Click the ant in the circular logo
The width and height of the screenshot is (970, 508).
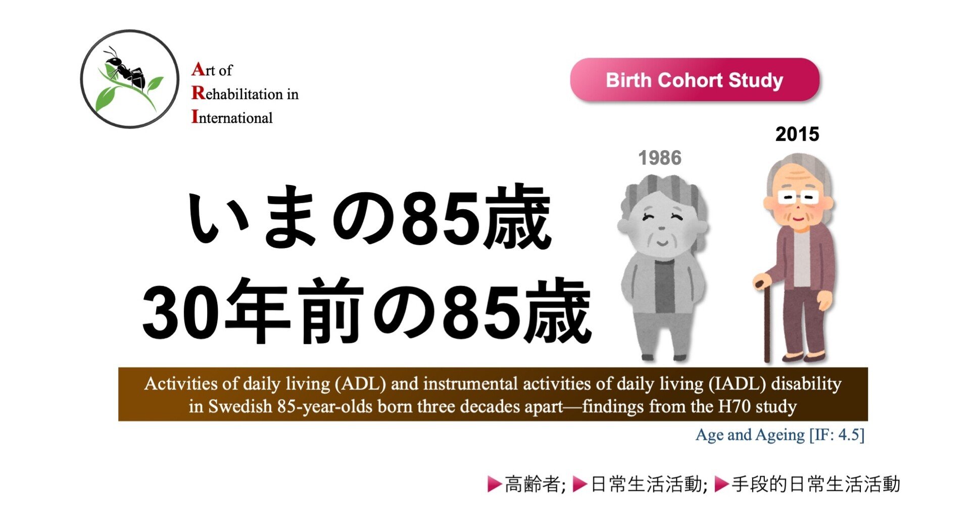(125, 70)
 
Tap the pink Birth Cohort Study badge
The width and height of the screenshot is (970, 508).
(695, 80)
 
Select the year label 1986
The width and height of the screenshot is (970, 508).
(660, 158)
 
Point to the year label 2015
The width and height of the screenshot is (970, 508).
(797, 134)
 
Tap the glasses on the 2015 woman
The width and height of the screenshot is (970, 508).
(797, 197)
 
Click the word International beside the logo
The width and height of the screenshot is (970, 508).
(232, 117)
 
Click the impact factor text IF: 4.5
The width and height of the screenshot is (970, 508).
(837, 435)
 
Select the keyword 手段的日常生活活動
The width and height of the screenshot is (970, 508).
(815, 484)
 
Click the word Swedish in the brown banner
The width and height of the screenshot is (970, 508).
(240, 406)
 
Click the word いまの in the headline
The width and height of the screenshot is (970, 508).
(290, 217)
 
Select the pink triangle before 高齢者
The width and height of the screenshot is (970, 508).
(494, 484)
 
